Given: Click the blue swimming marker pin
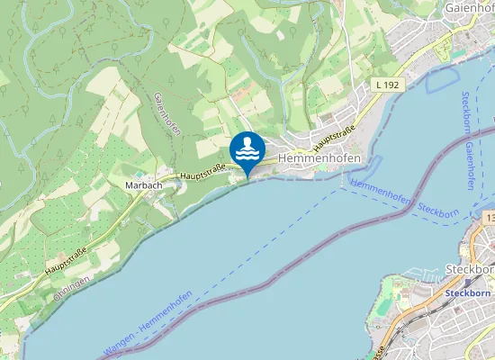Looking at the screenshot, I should [247, 148].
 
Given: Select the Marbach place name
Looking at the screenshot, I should [143, 185].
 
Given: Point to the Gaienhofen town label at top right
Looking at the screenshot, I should [470, 8].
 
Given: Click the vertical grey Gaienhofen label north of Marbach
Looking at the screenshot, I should [168, 114].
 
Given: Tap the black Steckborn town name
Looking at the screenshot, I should [470, 269].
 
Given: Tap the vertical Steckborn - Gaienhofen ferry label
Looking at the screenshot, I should [467, 139].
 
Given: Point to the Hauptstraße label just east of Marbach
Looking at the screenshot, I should [200, 174].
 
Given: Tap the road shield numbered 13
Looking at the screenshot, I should [489, 219].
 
